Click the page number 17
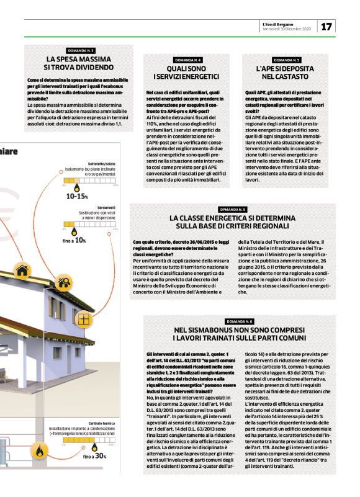pos(327,27)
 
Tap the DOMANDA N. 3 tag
pos(80,50)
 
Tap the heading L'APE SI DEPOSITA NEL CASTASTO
pos(287,72)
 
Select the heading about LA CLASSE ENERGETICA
pos(233,222)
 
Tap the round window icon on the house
pos(83,319)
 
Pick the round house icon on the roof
pos(23,270)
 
